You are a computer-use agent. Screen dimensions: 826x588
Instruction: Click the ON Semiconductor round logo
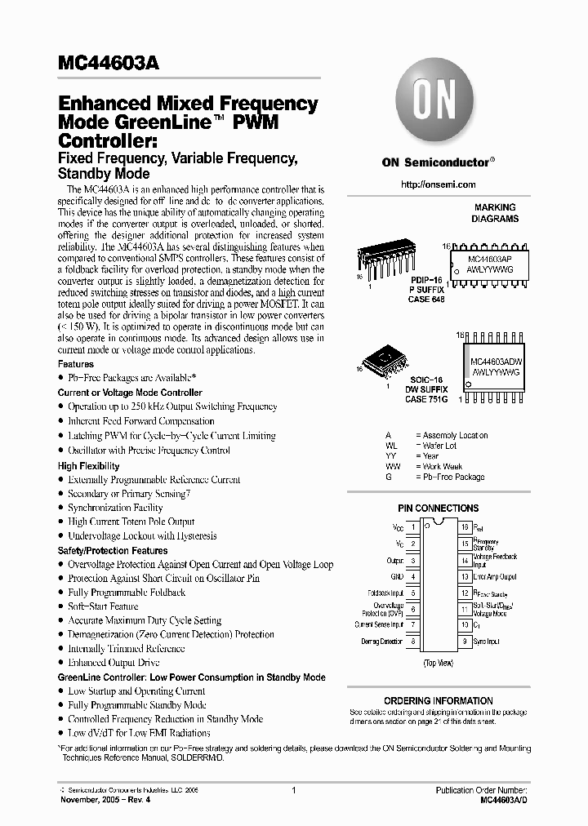438,105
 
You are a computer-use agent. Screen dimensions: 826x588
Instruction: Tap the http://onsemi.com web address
438,185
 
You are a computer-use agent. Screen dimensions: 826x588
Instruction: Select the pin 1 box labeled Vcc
413,528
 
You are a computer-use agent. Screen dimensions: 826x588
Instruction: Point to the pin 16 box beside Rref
464,528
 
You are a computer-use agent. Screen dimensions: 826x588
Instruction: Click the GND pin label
396,576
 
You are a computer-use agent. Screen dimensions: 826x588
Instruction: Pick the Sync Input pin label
487,642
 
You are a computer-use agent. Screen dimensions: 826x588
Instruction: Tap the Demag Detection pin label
382,642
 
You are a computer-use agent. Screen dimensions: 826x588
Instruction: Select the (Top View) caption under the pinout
438,663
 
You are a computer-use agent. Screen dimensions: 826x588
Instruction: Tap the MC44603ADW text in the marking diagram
496,359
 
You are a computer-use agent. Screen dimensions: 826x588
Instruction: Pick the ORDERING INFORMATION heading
438,700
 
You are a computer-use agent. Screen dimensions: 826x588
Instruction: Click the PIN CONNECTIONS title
438,508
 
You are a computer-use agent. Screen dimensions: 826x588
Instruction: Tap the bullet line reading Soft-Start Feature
103,606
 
